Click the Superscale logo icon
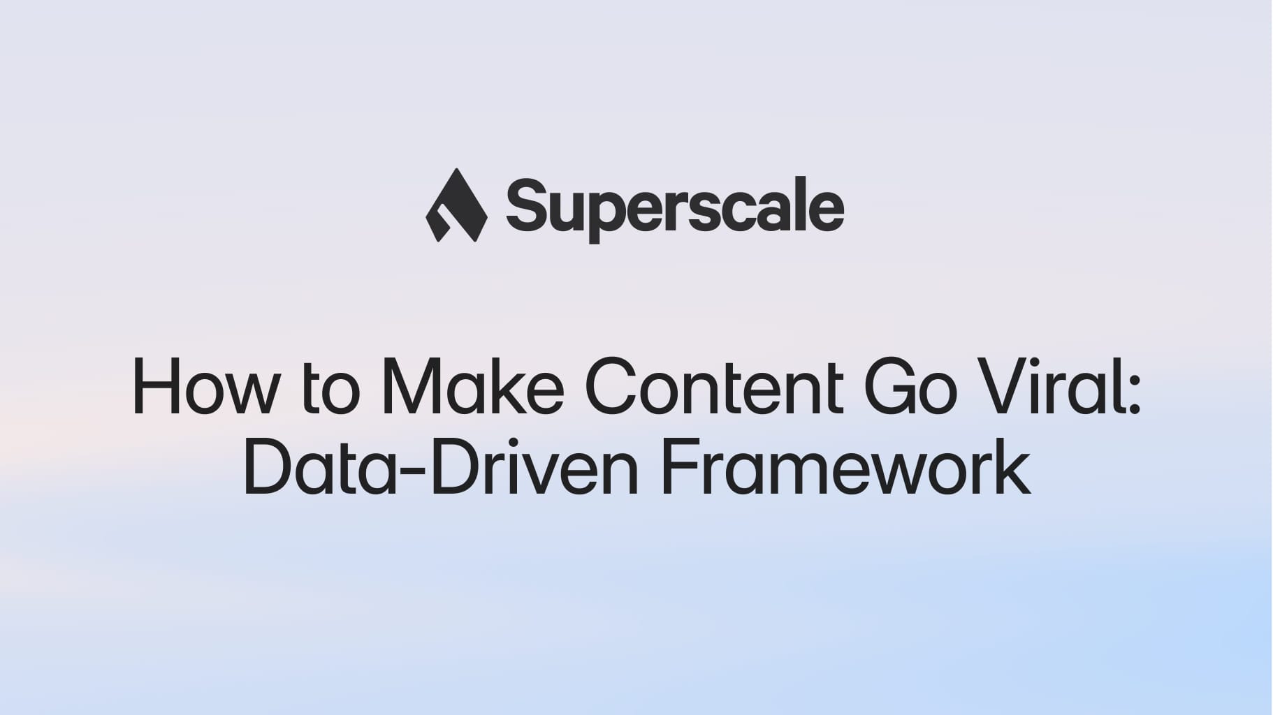click(456, 205)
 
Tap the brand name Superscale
click(675, 207)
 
